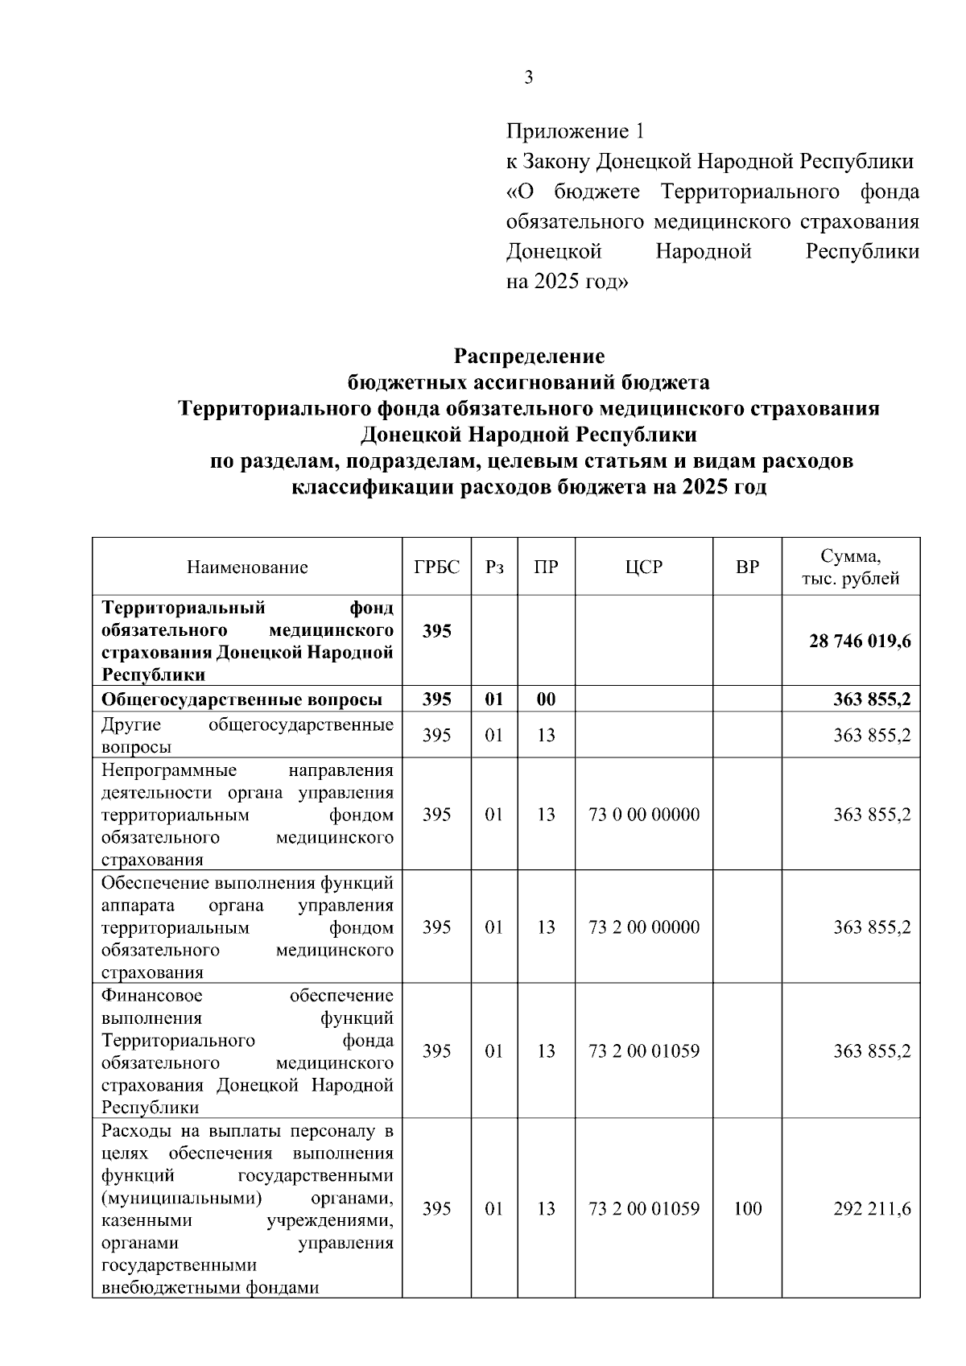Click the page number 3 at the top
click(x=528, y=78)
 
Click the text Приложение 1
click(x=575, y=131)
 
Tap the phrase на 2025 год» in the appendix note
click(x=567, y=283)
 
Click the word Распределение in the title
click(x=529, y=356)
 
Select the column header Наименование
click(x=247, y=567)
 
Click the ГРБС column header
click(x=436, y=567)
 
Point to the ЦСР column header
click(x=644, y=567)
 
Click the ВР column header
click(x=747, y=567)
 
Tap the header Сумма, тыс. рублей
click(x=850, y=567)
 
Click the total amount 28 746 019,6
click(x=860, y=642)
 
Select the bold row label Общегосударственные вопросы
click(x=242, y=700)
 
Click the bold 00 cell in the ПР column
click(x=546, y=700)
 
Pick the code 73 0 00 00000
click(x=644, y=815)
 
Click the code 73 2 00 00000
click(x=644, y=927)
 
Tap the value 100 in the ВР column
click(x=747, y=1209)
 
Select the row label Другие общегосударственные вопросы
click(x=247, y=736)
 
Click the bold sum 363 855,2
click(x=872, y=700)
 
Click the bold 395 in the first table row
click(x=436, y=631)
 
